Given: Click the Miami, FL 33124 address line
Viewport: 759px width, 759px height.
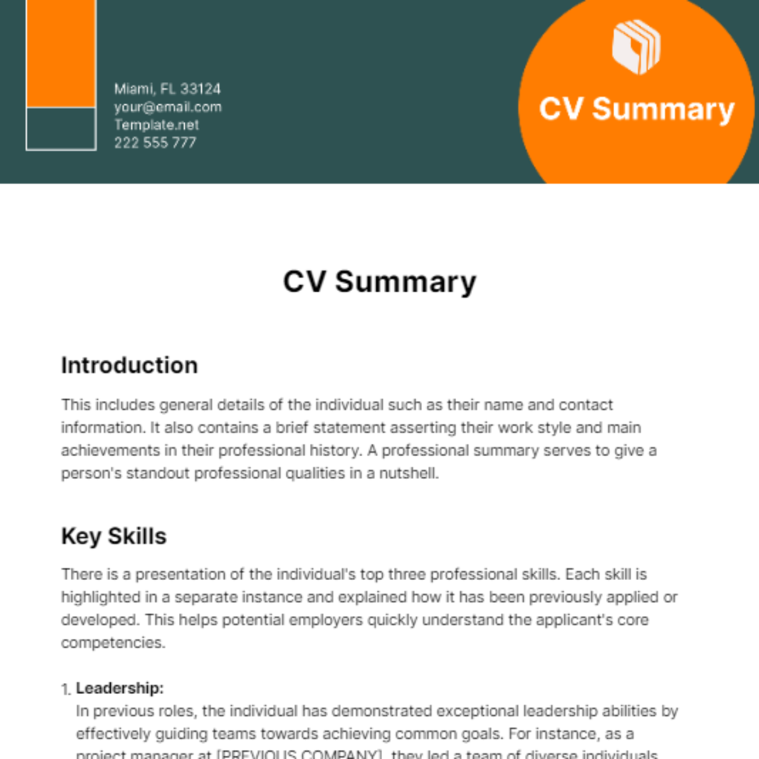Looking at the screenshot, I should click(167, 89).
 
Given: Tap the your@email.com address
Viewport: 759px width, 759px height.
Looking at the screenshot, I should click(168, 107).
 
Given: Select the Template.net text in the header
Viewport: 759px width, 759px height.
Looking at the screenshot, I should click(156, 125).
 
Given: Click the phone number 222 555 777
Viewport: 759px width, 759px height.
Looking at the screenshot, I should click(155, 143).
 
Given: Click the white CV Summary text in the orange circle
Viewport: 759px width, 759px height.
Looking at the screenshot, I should click(636, 109).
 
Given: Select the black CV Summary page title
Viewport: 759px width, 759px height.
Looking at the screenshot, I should click(379, 281).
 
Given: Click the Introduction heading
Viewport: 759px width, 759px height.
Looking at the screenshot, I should click(129, 365).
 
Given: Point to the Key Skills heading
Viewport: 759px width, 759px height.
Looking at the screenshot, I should click(114, 536).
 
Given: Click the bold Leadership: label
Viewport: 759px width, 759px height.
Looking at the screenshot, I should click(120, 688).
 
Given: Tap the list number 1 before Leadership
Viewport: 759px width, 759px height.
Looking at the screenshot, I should click(66, 689).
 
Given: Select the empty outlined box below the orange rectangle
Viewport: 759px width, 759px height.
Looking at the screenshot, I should click(61, 129).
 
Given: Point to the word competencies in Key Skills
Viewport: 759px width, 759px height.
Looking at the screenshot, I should click(113, 643).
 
